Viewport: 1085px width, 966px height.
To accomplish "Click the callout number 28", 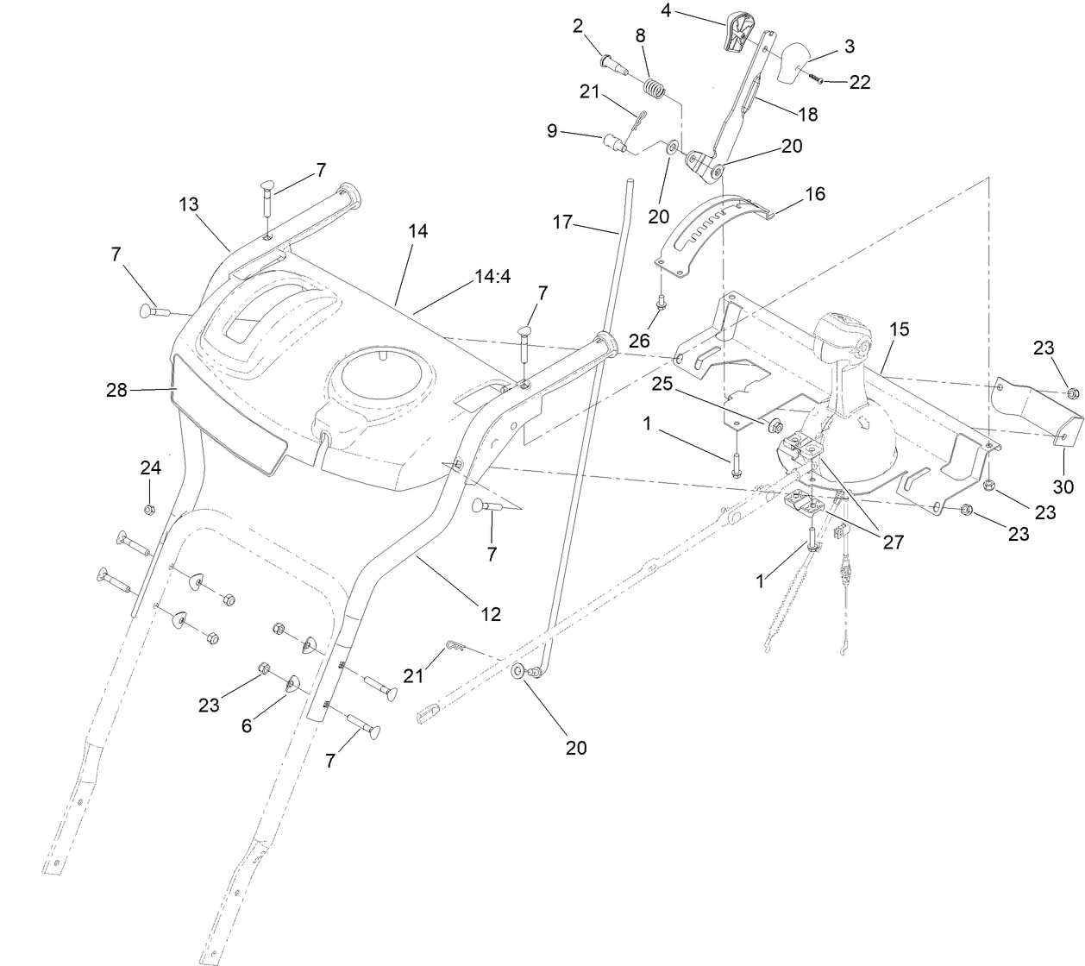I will (116, 390).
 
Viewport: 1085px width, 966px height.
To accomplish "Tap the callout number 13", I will (189, 204).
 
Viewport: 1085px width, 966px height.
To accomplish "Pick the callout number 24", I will (151, 468).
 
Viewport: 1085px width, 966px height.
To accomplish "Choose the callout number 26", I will (639, 341).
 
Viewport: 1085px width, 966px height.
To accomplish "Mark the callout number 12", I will (491, 615).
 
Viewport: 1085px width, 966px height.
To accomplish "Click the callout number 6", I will (247, 726).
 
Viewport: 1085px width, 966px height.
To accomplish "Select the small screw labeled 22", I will (817, 78).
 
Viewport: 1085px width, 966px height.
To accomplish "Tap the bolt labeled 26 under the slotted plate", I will (662, 302).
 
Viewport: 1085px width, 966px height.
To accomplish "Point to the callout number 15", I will (900, 329).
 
